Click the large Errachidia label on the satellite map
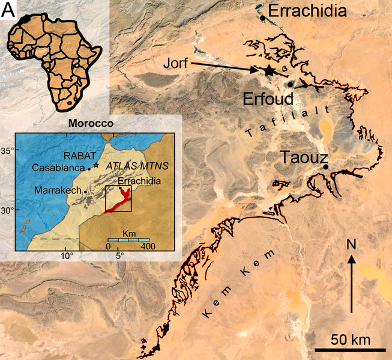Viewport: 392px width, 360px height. tap(307, 10)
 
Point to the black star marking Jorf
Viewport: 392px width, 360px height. tap(268, 71)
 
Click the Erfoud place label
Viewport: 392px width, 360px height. tap(268, 99)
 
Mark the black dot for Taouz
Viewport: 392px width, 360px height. tap(325, 166)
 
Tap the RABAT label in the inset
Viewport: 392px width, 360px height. tap(78, 154)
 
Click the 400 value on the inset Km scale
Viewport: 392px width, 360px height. tap(149, 246)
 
